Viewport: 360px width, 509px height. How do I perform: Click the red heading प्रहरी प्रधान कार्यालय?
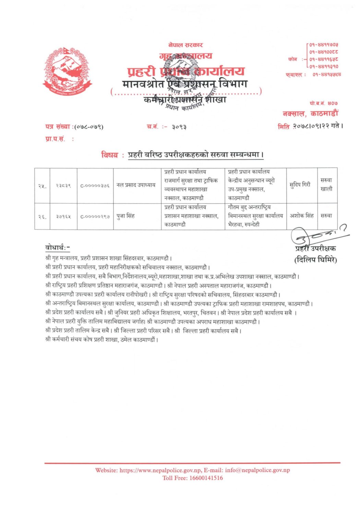point(185,71)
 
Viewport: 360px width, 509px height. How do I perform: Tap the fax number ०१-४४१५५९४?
point(326,74)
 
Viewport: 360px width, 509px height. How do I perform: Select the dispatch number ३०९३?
point(179,127)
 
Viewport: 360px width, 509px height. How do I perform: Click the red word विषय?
point(109,155)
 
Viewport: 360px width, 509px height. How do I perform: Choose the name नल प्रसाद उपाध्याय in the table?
point(136,185)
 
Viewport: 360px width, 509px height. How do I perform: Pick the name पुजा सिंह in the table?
point(125,216)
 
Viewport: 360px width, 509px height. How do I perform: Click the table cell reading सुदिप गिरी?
point(300,185)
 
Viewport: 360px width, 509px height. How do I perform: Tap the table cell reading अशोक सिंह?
point(302,216)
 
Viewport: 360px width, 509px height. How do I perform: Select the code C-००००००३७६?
point(95,186)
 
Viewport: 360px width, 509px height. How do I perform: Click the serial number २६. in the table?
point(42,216)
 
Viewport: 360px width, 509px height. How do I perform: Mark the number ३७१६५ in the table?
point(63,216)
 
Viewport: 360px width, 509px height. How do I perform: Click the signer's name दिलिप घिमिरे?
point(316,260)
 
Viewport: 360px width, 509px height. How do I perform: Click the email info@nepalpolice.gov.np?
point(257,470)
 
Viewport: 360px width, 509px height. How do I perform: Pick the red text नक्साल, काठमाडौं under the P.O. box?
point(310,113)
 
